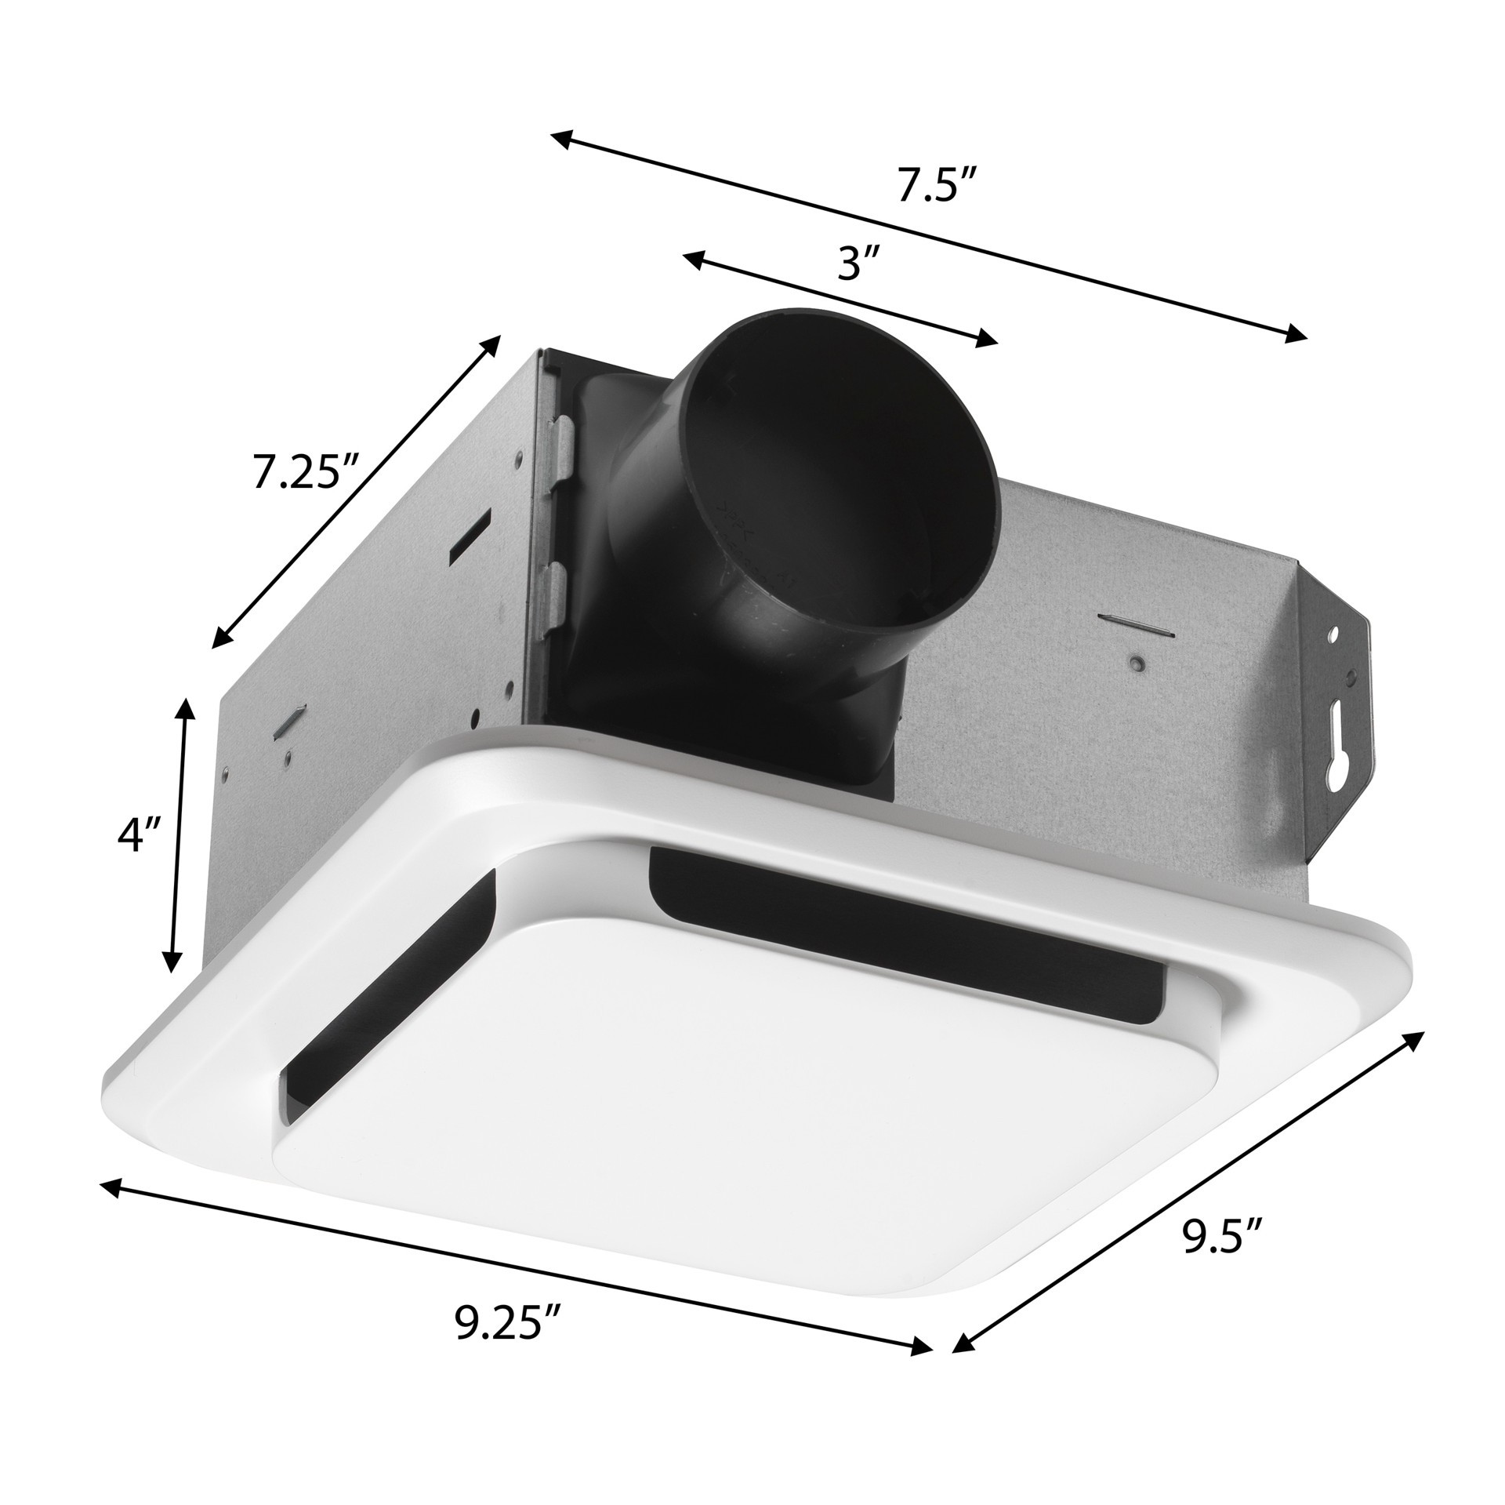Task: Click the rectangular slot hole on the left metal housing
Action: point(469,536)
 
